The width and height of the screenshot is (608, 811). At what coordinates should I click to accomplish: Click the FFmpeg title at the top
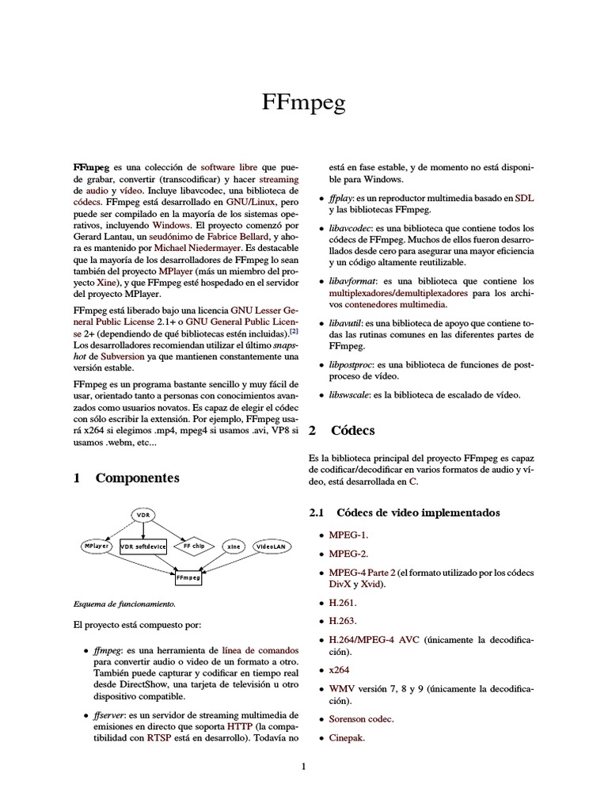point(303,103)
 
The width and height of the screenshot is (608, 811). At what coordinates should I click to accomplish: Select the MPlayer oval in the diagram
point(95,546)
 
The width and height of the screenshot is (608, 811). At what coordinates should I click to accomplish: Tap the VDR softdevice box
point(143,546)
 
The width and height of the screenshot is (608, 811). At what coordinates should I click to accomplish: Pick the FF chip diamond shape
point(193,546)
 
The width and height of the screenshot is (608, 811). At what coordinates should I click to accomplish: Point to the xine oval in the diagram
point(233,546)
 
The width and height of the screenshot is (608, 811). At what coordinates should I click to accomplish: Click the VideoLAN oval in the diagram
point(271,546)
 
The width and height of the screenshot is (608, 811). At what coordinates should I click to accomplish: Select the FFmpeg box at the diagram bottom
point(188,578)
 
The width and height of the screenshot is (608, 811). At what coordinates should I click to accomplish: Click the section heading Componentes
point(137,478)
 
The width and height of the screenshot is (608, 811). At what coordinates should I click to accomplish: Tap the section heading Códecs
point(353,431)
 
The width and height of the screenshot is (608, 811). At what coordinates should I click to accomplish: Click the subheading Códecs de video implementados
point(418,513)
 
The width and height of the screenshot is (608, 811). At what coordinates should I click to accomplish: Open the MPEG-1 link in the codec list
point(348,535)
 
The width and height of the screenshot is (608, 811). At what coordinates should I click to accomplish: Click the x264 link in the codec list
point(340,668)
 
